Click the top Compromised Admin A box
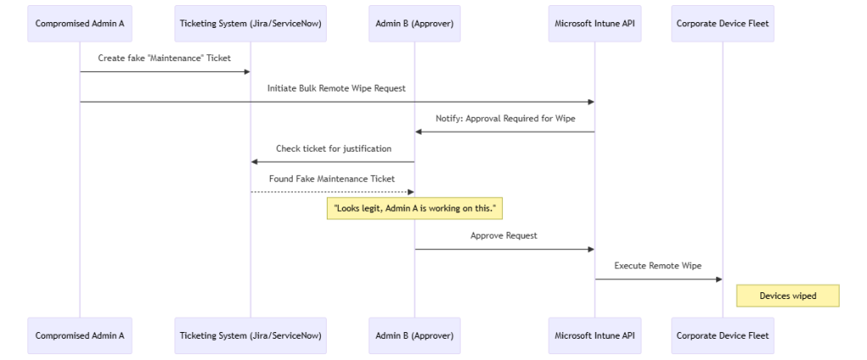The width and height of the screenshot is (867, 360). (x=80, y=24)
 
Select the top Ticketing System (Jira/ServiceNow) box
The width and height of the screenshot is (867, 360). (x=251, y=24)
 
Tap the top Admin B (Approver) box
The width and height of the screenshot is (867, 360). (x=414, y=24)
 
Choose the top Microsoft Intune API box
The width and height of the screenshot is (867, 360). (x=594, y=24)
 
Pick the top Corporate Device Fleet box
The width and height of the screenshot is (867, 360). (x=722, y=24)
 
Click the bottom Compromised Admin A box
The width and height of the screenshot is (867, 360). (x=80, y=335)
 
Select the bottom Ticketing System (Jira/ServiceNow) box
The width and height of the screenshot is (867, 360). (x=251, y=335)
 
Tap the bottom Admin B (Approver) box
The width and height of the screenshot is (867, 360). (x=414, y=335)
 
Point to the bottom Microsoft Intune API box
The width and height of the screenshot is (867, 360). (x=594, y=335)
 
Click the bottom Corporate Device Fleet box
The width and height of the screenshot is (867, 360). (x=722, y=335)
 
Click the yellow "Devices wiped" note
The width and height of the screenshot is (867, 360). (x=787, y=296)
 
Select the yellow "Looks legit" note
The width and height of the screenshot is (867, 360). (x=414, y=208)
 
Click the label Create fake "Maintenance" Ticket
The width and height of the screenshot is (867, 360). (x=165, y=58)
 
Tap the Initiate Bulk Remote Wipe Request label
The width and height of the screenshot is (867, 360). (x=337, y=88)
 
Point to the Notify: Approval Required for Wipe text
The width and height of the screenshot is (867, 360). (x=505, y=119)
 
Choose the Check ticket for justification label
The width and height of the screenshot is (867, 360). (x=333, y=148)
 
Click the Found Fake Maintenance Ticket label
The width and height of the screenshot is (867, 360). (x=333, y=179)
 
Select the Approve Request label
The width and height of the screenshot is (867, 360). (x=504, y=235)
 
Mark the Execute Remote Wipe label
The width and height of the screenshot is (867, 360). (x=658, y=266)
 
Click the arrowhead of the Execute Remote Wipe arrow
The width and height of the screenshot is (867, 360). (x=718, y=279)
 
